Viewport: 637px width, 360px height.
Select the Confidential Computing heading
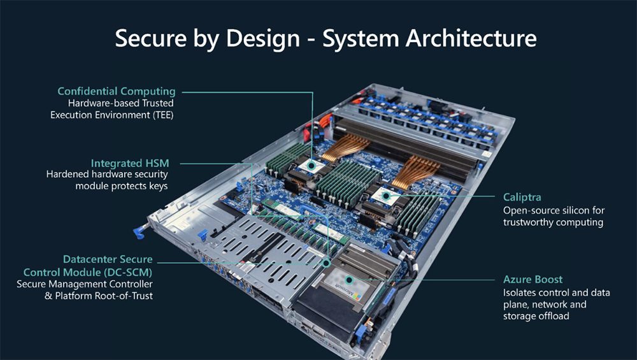pyautogui.click(x=116, y=92)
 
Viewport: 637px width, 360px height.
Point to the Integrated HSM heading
pyautogui.click(x=130, y=164)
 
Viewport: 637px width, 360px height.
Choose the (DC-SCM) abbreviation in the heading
pyautogui.click(x=127, y=272)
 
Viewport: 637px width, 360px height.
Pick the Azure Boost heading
pyautogui.click(x=533, y=280)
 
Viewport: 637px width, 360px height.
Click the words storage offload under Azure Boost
pyautogui.click(x=536, y=316)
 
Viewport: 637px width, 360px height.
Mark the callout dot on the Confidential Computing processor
pyautogui.click(x=311, y=164)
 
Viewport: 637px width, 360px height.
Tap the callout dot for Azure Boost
pyautogui.click(x=348, y=279)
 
